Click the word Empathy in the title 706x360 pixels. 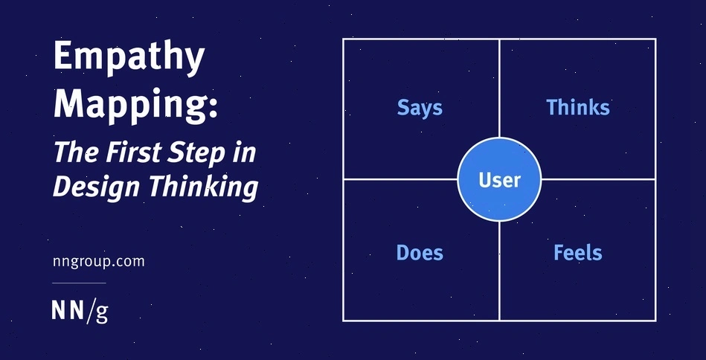coord(128,59)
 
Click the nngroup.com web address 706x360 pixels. coord(98,261)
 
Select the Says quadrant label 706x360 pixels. coord(420,107)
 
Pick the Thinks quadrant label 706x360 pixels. coord(577,107)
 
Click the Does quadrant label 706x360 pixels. coord(420,253)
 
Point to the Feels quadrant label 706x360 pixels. coord(577,253)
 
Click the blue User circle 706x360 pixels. coord(499,179)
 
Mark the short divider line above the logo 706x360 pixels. coord(79,283)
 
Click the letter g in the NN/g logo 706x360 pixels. coord(102,312)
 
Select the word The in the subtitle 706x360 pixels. coord(72,152)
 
